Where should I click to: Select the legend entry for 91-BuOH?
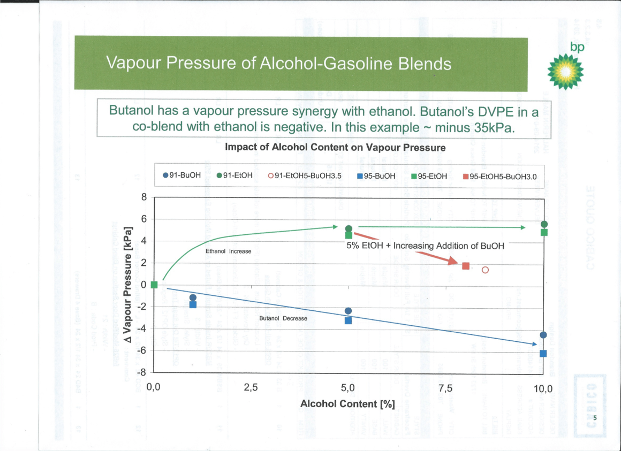click(182, 175)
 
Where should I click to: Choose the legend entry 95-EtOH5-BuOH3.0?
click(499, 175)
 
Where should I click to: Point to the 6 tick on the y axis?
click(143, 219)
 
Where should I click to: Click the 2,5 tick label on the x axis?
click(251, 387)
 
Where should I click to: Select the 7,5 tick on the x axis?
click(445, 387)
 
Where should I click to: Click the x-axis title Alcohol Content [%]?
click(347, 403)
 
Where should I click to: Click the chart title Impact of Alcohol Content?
click(335, 147)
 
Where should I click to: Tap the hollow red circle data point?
click(486, 270)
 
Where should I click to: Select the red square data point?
click(466, 266)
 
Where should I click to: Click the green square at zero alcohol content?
click(154, 285)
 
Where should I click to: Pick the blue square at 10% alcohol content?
click(543, 354)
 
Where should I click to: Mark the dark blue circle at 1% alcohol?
click(193, 297)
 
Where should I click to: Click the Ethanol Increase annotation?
click(229, 251)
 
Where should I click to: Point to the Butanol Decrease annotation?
click(283, 318)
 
